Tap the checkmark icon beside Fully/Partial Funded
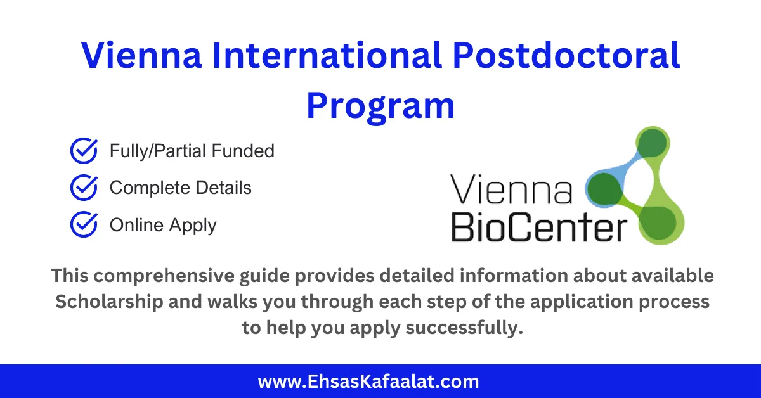(x=83, y=151)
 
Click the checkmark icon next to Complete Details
(x=83, y=188)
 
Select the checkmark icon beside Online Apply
(x=83, y=225)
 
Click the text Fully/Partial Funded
(x=192, y=151)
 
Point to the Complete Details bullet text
(x=180, y=188)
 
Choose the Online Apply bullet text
(x=163, y=226)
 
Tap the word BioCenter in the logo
(x=538, y=228)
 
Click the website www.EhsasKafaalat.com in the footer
(x=368, y=382)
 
